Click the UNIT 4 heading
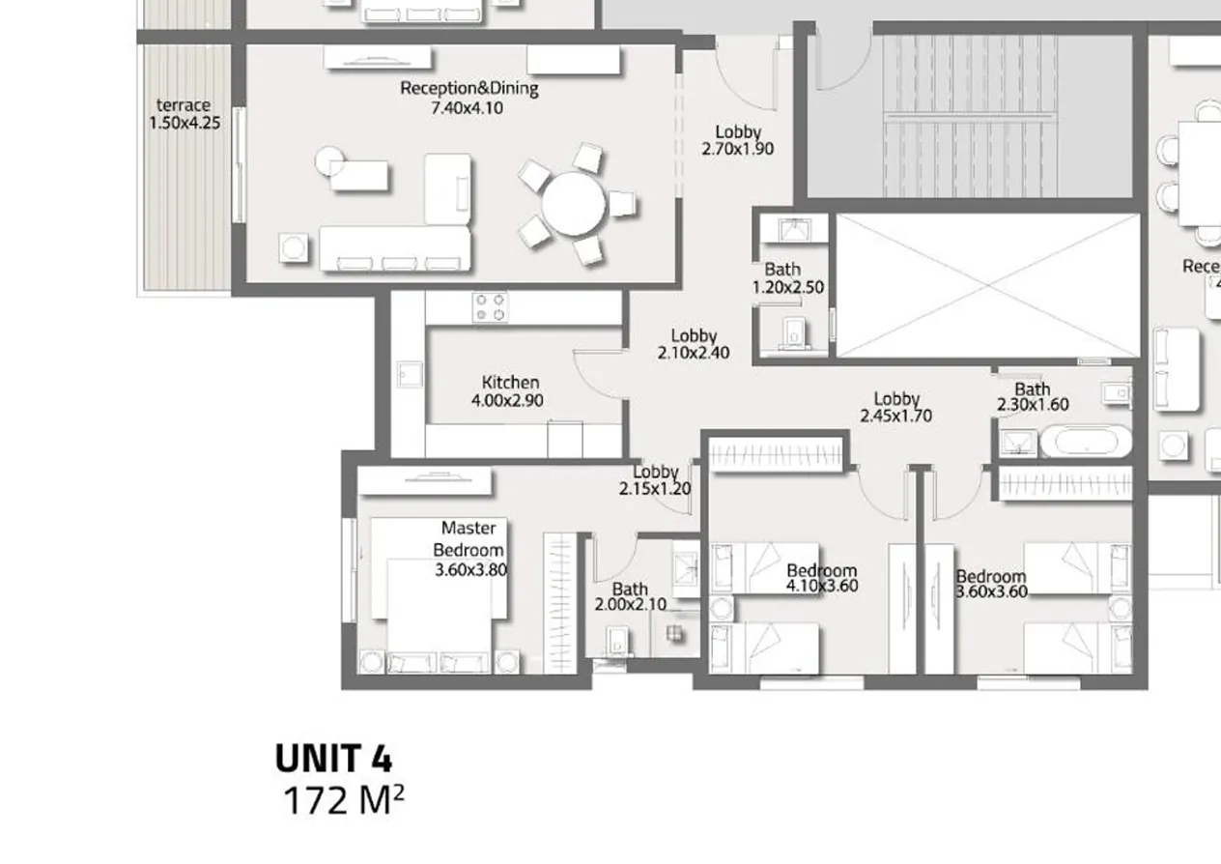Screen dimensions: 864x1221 [333, 759]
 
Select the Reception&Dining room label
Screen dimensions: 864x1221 [469, 89]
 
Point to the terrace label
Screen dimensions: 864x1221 [184, 105]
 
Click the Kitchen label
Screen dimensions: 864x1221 [510, 383]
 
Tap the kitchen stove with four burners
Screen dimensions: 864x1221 [490, 307]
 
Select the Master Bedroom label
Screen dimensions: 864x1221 [469, 538]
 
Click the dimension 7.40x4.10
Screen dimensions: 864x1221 [467, 107]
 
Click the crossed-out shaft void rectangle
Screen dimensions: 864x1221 [987, 286]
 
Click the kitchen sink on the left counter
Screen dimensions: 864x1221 [408, 375]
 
